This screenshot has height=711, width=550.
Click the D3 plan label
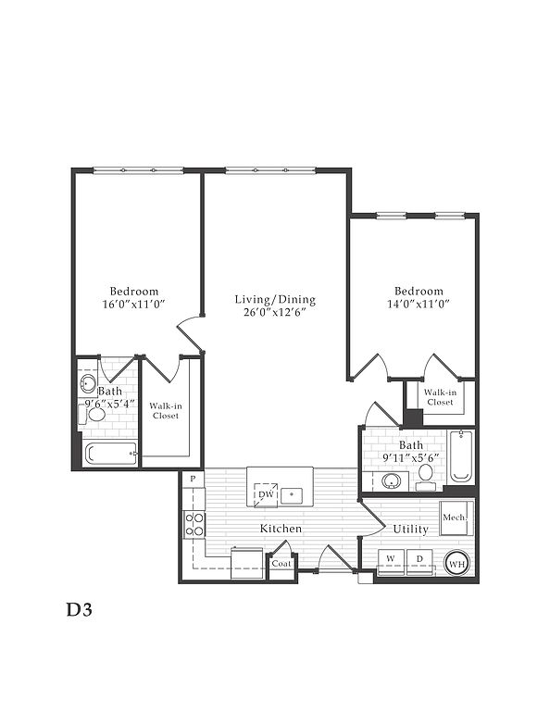click(x=80, y=610)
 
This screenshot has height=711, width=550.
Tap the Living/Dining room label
click(x=275, y=299)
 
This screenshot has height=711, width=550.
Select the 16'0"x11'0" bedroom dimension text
click(x=133, y=304)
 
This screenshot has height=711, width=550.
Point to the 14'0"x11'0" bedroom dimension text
click(x=418, y=304)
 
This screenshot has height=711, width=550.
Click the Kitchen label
click(x=281, y=529)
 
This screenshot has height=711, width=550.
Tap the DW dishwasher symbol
click(x=266, y=494)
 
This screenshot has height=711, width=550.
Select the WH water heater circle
click(x=456, y=564)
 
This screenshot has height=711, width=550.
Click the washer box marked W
click(x=391, y=562)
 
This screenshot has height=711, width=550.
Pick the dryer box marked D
click(x=419, y=562)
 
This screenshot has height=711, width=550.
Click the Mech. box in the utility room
click(x=456, y=518)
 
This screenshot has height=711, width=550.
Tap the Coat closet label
click(x=281, y=564)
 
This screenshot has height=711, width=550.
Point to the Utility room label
click(x=410, y=530)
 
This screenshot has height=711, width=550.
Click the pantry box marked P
click(x=194, y=479)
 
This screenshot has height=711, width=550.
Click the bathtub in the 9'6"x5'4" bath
click(x=111, y=454)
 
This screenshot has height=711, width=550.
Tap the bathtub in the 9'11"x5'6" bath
click(x=461, y=456)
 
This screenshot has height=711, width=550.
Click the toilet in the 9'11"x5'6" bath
click(x=426, y=478)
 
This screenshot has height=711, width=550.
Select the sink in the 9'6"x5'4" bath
click(x=88, y=384)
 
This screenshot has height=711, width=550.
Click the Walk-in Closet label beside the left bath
click(x=166, y=411)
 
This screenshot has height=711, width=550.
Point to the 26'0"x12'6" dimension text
click(x=275, y=312)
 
